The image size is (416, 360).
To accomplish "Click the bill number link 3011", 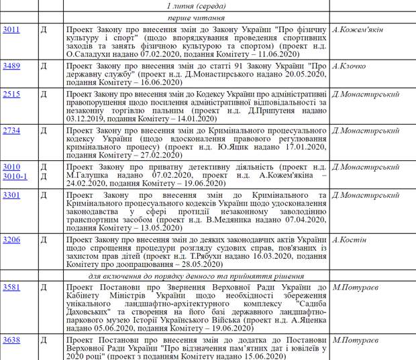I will click(11, 30).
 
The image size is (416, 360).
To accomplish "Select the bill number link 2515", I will click(11, 95).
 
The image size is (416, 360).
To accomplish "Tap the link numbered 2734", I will click(11, 130).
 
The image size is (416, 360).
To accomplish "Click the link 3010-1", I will click(14, 176).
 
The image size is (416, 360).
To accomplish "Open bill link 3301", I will click(11, 194).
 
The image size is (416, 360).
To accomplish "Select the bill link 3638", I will click(11, 341).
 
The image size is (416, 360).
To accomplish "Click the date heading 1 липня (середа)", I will click(195, 6).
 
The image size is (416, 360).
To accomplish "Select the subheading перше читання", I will click(195, 17).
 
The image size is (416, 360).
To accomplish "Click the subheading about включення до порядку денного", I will click(196, 276).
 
